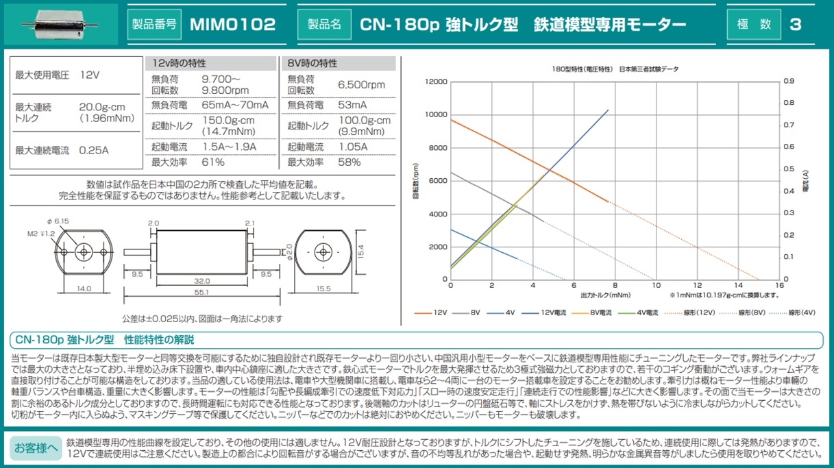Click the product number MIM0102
232,25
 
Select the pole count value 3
795,25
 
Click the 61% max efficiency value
213,162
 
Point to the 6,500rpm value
361,85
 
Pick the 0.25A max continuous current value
94,150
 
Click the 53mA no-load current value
352,105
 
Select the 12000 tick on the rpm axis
436,82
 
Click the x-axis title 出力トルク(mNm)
605,295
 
